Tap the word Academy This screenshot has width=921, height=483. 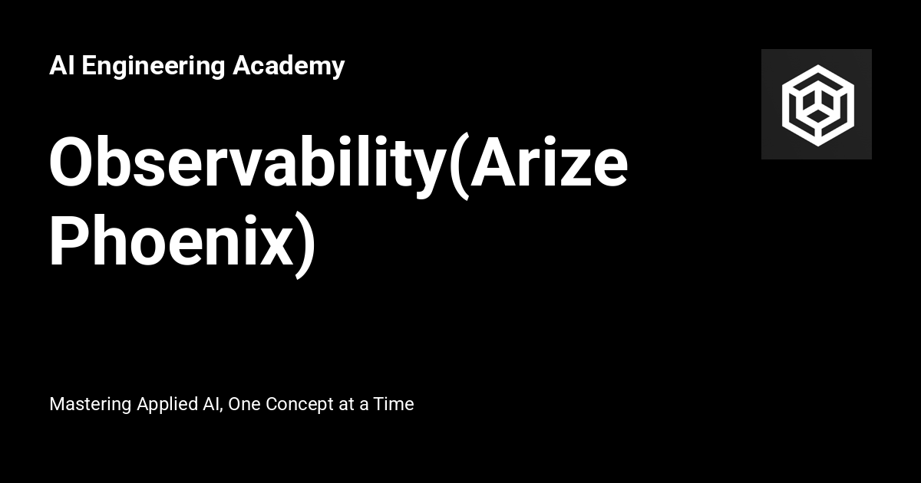tap(289, 67)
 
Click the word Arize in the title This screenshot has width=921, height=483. tap(548, 165)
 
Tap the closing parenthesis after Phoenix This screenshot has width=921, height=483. tap(306, 244)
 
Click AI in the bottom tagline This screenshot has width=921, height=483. tap(211, 403)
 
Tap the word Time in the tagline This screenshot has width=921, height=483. tap(394, 403)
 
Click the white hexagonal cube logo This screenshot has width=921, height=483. tap(817, 104)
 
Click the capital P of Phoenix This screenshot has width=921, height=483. tap(70, 242)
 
